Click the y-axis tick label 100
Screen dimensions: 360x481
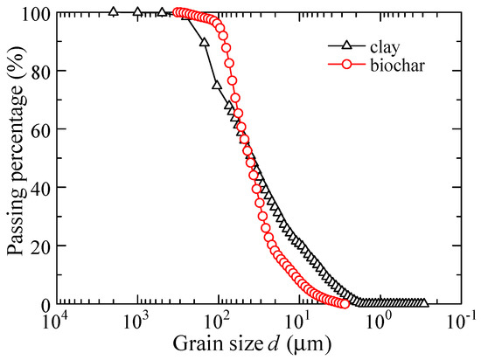click(x=38, y=13)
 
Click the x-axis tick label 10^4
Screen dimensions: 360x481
click(x=58, y=321)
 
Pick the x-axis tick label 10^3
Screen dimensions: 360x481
click(x=137, y=321)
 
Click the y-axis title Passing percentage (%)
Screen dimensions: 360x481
click(x=15, y=157)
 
